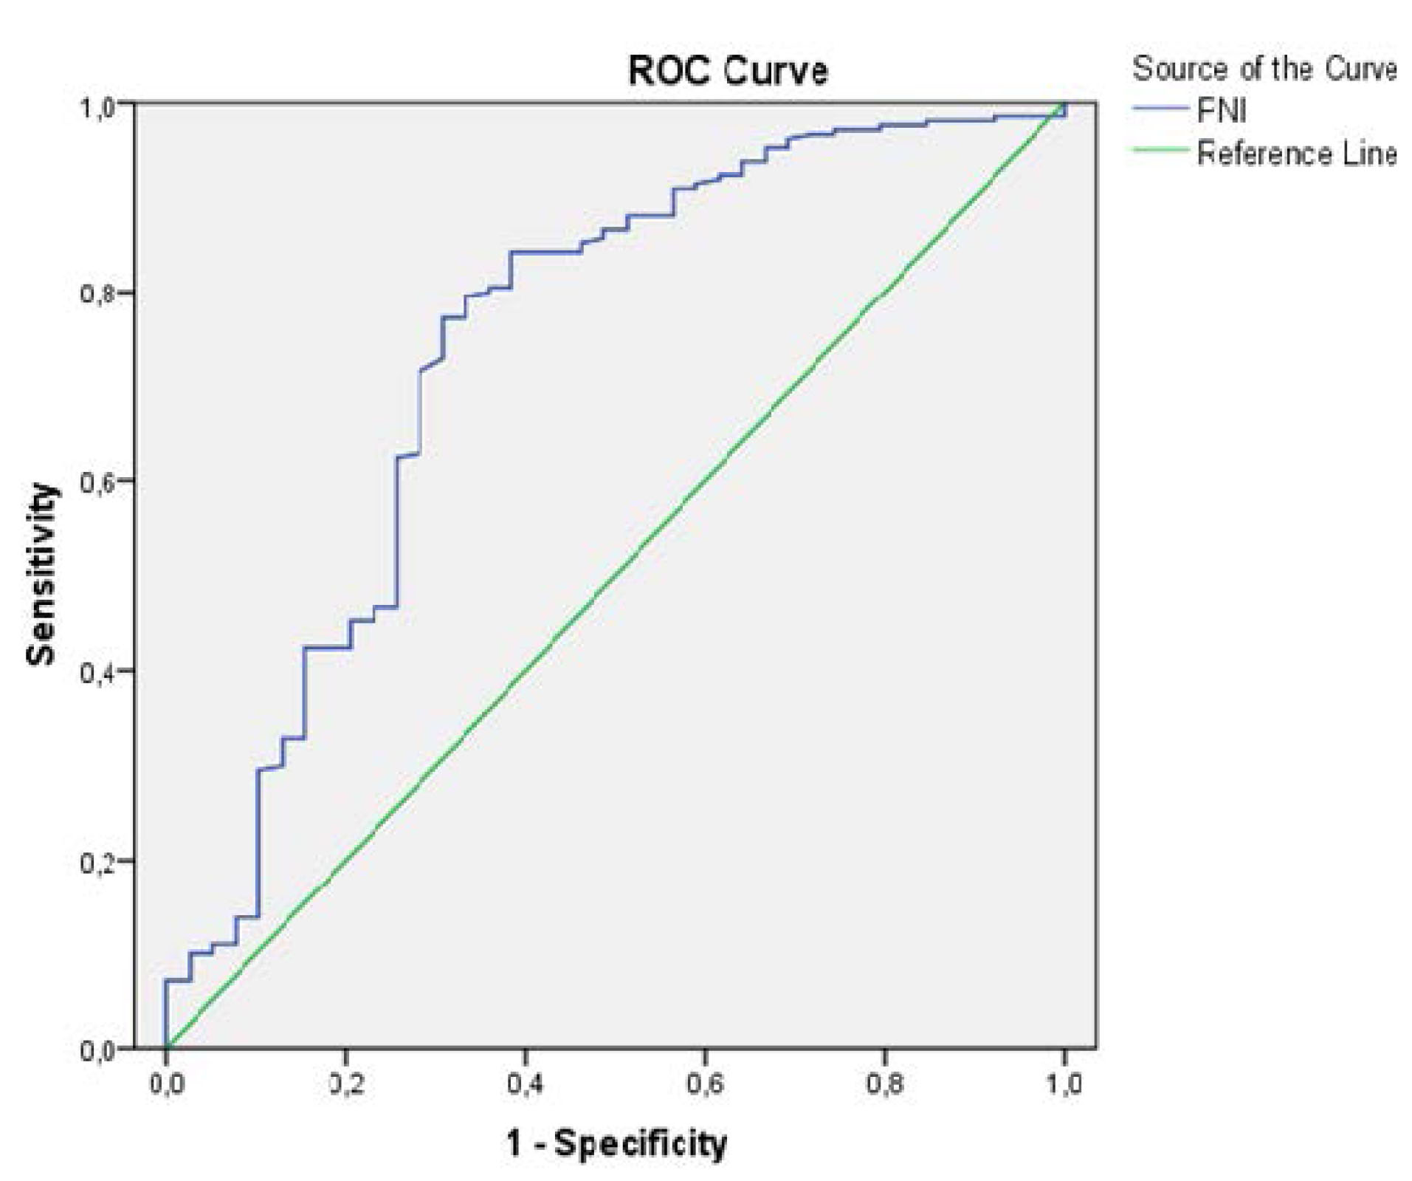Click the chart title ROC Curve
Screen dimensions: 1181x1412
[x=727, y=72]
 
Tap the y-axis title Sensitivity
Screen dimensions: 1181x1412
[x=41, y=575]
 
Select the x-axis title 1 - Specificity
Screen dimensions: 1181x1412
[x=616, y=1143]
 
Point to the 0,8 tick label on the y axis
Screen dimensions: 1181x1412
[x=98, y=293]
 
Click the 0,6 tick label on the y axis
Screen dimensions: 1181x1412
[x=98, y=481]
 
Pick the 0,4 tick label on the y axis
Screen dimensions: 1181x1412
[x=98, y=671]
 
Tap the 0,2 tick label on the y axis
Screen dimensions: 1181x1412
[x=98, y=861]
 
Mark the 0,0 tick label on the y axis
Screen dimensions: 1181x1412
[x=98, y=1050]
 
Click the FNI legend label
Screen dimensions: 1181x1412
[x=1222, y=112]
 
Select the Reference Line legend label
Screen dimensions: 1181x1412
[x=1296, y=154]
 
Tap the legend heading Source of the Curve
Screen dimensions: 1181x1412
[x=1264, y=69]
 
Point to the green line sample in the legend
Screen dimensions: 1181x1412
[x=1161, y=151]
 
